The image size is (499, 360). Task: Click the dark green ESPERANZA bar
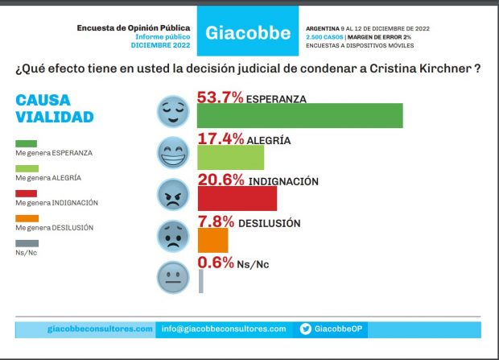(299, 115)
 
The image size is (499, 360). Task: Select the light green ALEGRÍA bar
(230, 156)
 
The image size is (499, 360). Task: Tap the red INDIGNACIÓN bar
(237, 198)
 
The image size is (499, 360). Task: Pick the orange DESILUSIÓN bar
(212, 240)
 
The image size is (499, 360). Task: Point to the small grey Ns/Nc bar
(200, 281)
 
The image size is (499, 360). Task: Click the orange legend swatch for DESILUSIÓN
(27, 218)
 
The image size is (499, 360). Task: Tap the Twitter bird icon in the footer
(306, 329)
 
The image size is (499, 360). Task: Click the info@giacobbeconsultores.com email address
(224, 329)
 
